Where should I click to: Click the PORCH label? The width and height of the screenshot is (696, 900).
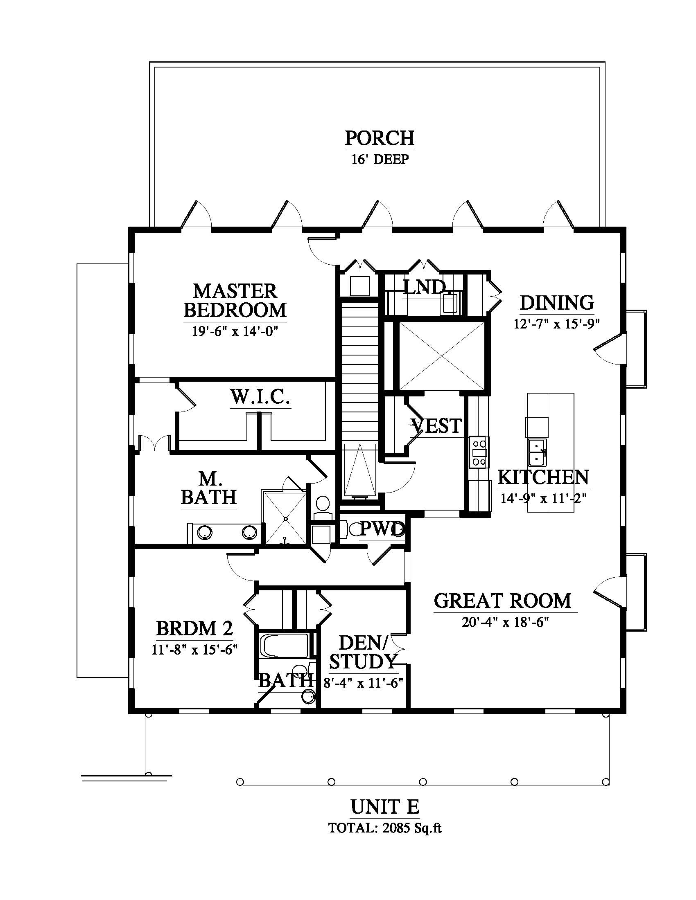click(x=380, y=138)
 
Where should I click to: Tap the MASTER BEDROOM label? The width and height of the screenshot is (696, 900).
click(x=235, y=300)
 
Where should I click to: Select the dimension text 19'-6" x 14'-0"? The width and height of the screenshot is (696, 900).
click(x=235, y=331)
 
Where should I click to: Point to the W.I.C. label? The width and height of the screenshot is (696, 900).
click(x=260, y=397)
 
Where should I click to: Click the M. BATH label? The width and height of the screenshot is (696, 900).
click(x=209, y=488)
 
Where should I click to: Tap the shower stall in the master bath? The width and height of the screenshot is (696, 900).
click(x=285, y=517)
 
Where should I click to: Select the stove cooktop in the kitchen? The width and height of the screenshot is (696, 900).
click(x=479, y=452)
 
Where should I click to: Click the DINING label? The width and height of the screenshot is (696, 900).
click(x=557, y=302)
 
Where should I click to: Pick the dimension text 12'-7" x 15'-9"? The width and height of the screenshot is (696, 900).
click(x=556, y=324)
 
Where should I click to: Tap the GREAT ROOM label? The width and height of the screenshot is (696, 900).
click(x=503, y=601)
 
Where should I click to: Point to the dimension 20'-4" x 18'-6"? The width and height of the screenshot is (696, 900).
click(x=505, y=622)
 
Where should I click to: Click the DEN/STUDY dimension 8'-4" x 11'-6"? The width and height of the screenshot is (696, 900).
click(x=363, y=683)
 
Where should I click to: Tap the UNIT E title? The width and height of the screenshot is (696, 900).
click(x=385, y=807)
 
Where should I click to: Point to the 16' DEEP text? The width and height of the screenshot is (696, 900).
click(x=380, y=159)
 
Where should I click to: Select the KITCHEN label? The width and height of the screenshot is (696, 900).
click(x=543, y=477)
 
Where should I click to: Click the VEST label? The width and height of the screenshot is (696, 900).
click(x=436, y=426)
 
